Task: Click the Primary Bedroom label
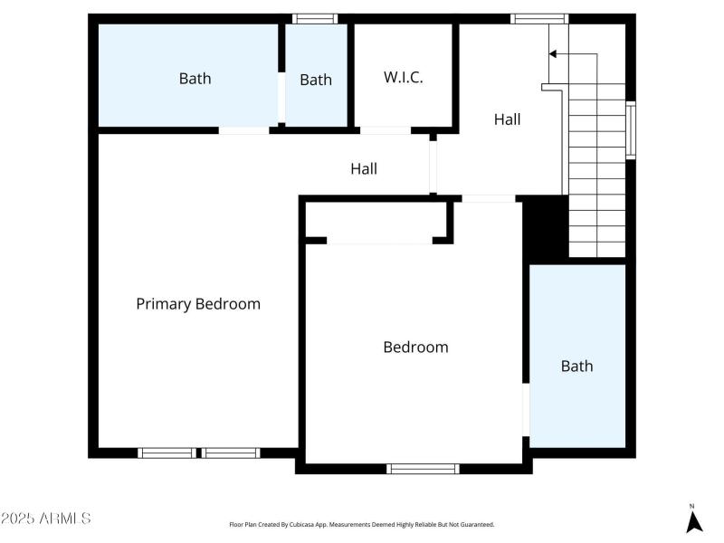[198, 304]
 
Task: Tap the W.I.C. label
[403, 77]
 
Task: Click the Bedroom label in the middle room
[415, 347]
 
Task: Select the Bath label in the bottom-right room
[576, 366]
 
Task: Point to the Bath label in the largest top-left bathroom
[195, 79]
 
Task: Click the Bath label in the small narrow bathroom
[316, 80]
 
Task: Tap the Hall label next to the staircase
[507, 119]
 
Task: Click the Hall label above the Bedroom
[364, 168]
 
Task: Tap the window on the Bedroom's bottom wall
[423, 468]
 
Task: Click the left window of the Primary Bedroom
[166, 452]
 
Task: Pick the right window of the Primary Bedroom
[231, 452]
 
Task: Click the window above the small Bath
[315, 18]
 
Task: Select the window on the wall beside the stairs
[631, 131]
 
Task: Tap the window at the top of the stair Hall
[538, 18]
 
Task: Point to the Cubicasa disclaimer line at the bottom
[362, 524]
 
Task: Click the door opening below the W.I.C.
[385, 130]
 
